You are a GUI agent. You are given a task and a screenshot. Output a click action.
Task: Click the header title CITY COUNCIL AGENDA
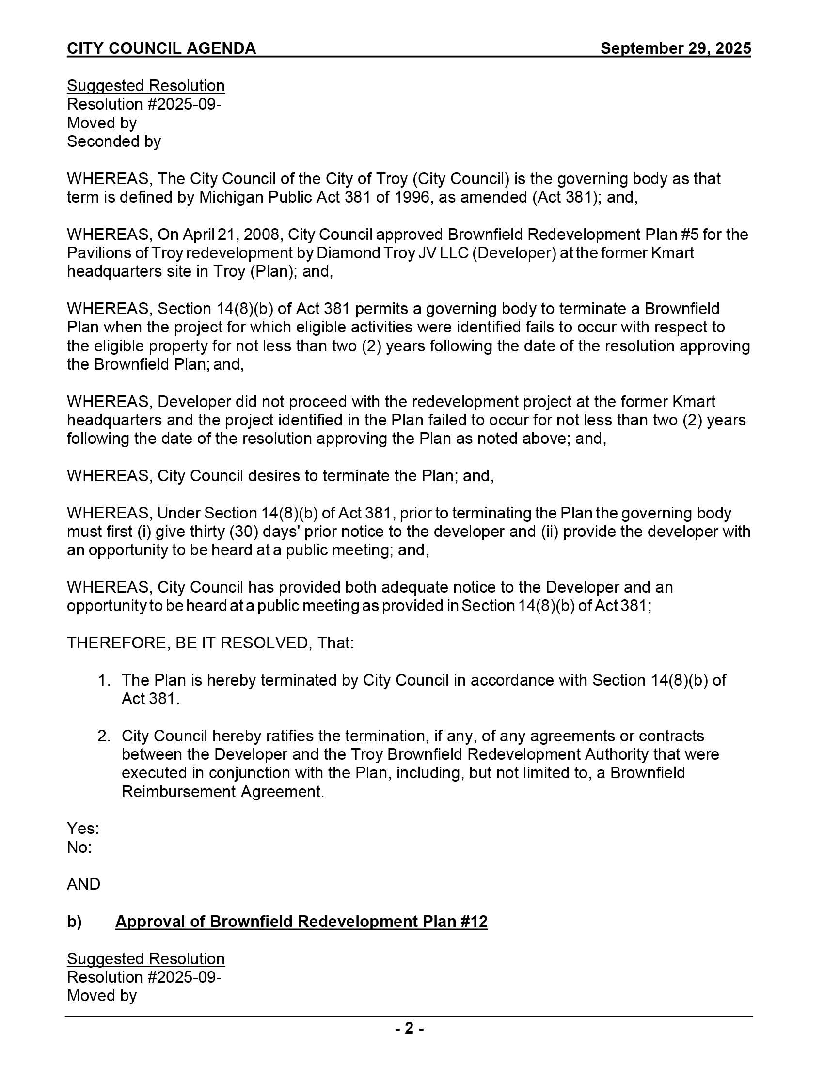click(161, 48)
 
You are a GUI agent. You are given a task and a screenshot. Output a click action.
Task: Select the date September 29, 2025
click(675, 48)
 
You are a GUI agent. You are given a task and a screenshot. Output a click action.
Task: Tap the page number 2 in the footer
click(409, 1028)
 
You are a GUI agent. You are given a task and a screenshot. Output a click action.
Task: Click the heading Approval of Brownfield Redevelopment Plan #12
click(301, 921)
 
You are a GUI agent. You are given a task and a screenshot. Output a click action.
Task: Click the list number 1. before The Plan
click(104, 680)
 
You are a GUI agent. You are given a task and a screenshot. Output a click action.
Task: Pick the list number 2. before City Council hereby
click(104, 736)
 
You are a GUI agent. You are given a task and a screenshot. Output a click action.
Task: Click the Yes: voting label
click(83, 828)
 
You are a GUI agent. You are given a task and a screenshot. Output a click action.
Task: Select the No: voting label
click(79, 847)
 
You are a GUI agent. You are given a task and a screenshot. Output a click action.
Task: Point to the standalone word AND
click(83, 884)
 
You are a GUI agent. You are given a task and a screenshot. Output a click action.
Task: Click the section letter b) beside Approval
click(74, 921)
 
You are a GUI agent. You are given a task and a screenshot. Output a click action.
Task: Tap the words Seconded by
click(114, 141)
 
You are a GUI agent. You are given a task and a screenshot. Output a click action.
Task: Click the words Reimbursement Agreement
click(222, 791)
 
